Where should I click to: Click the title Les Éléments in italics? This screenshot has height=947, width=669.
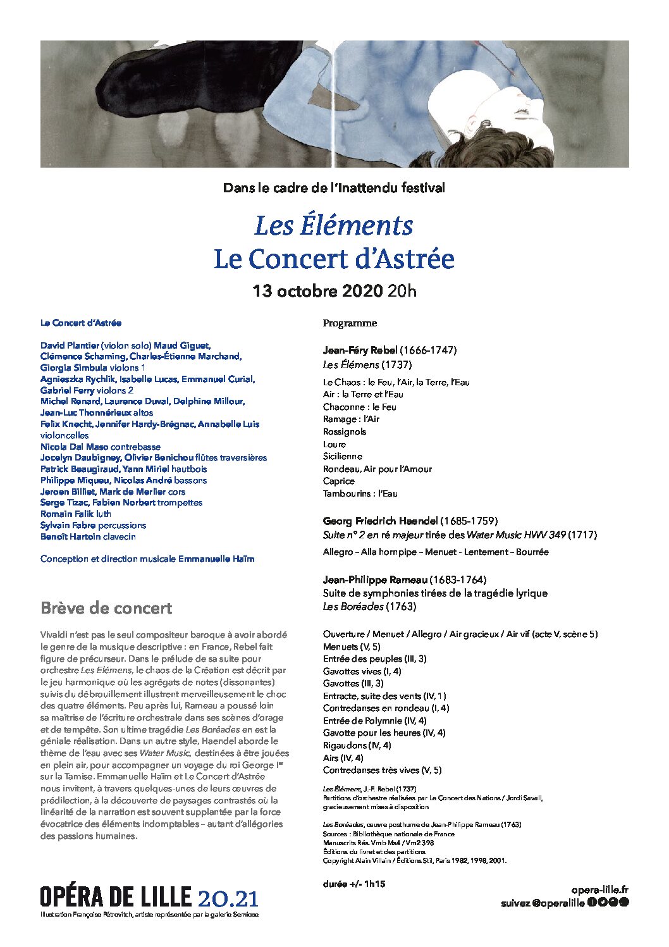point(333,226)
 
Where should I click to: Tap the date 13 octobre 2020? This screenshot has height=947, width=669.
point(317,292)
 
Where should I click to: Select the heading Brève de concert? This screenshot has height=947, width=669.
point(106,609)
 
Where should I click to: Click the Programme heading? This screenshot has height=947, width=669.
point(350,323)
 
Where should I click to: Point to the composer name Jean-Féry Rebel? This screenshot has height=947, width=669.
point(360,350)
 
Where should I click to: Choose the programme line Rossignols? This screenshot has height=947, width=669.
point(345,432)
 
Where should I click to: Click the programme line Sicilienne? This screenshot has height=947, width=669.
point(343,457)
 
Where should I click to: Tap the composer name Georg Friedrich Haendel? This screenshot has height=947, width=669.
point(380,521)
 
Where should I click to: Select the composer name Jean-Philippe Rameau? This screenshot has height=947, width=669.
point(375,580)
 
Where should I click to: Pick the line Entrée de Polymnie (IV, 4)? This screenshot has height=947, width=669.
point(374,721)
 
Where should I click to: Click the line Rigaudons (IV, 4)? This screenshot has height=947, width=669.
point(357,746)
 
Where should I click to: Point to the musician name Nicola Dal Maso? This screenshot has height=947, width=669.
point(74,447)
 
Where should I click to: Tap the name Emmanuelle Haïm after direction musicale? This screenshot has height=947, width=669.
point(216,559)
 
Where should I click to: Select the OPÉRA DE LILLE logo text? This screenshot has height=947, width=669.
point(116,897)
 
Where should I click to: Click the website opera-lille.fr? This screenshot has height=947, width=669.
point(599,891)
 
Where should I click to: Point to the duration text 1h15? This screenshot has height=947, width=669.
point(375,884)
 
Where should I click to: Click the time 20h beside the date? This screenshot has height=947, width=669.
point(402,292)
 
